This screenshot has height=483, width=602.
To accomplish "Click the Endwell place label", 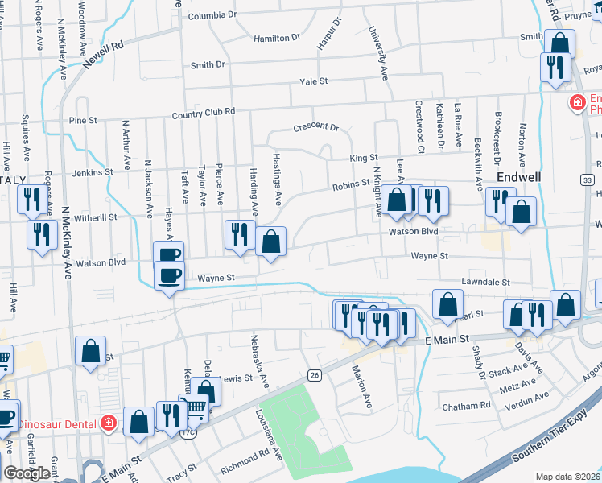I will (x=519, y=176).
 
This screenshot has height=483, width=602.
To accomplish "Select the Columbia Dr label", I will (x=212, y=15).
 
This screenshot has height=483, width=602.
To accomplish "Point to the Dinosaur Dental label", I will (x=57, y=423).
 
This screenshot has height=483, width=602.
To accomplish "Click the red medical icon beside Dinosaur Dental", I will (x=109, y=423).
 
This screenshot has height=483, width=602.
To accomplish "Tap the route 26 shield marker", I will (x=315, y=375).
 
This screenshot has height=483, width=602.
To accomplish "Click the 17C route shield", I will (x=188, y=432).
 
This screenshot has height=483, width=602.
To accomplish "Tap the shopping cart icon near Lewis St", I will (x=193, y=407).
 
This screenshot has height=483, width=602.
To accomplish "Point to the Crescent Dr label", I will (x=316, y=127).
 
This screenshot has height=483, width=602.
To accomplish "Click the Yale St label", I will (x=313, y=81).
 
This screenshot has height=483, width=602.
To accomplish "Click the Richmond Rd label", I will (x=245, y=460).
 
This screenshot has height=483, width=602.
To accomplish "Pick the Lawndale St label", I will (x=486, y=283).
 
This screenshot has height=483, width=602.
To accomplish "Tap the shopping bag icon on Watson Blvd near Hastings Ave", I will (x=271, y=242).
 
